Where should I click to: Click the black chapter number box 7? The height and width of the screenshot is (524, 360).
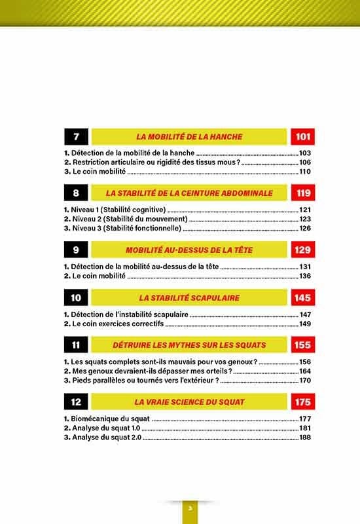point(77,137)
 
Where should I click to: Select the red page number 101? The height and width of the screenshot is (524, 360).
point(302,137)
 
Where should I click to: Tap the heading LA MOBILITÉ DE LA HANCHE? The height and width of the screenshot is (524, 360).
point(189,137)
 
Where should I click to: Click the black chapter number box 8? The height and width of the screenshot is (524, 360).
point(77,193)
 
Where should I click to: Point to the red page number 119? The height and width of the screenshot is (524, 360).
point(302,193)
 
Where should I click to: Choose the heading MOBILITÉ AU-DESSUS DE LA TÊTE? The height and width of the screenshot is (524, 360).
point(189,250)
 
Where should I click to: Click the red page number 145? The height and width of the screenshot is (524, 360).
point(302,298)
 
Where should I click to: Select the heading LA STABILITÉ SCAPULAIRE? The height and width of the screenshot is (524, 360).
point(189,298)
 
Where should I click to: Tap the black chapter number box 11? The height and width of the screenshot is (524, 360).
point(77,345)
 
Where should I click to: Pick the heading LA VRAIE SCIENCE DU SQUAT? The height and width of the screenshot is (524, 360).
point(189,402)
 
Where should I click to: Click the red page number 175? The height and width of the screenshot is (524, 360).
point(302,402)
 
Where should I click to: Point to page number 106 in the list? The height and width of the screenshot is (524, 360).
point(306,162)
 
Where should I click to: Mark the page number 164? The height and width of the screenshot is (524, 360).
point(306,371)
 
